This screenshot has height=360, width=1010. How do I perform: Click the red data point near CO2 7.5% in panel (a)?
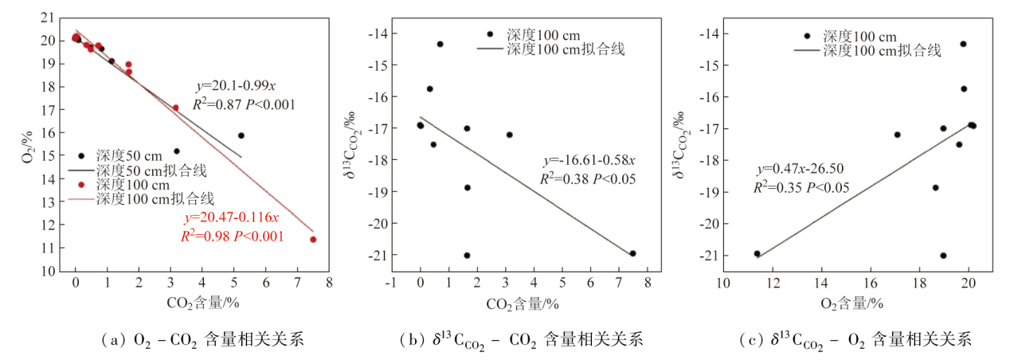pyautogui.click(x=313, y=239)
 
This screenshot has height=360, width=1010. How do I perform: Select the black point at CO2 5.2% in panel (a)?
pyautogui.click(x=241, y=135)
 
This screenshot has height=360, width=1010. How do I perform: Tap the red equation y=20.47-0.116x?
pyautogui.click(x=231, y=217)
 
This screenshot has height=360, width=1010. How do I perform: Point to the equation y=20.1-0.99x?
pyautogui.click(x=236, y=85)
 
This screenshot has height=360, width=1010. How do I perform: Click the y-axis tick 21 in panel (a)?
pyautogui.click(x=49, y=17)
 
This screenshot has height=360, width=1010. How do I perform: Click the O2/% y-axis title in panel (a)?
pyautogui.click(x=27, y=143)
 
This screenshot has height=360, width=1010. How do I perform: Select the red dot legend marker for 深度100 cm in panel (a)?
pyautogui.click(x=80, y=184)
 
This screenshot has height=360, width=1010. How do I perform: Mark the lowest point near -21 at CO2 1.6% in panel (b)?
pyautogui.click(x=467, y=256)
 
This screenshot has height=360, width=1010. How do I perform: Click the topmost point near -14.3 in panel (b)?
pyautogui.click(x=440, y=44)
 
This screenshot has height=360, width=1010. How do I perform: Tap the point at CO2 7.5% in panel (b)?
pyautogui.click(x=632, y=253)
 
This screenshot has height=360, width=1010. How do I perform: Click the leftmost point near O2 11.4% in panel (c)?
pyautogui.click(x=757, y=254)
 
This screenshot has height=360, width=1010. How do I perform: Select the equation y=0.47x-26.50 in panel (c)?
pyautogui.click(x=801, y=169)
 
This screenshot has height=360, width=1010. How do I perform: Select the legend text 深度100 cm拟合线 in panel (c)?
pyautogui.click(x=882, y=50)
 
